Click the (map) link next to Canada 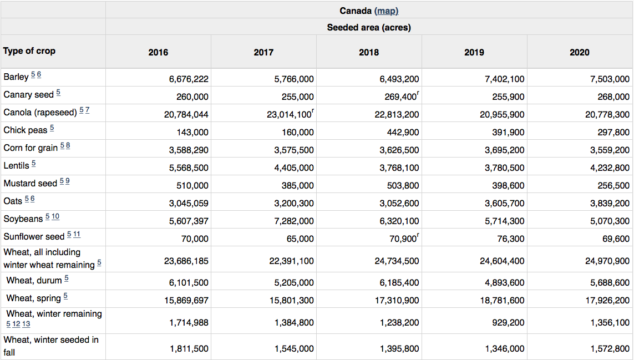(387, 11)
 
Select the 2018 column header (369, 52)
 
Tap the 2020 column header (580, 52)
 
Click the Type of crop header (29, 51)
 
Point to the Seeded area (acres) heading (369, 28)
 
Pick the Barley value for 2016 (189, 79)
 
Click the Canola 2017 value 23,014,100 (290, 114)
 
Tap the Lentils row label (16, 165)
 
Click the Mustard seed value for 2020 (613, 186)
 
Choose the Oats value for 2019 (505, 204)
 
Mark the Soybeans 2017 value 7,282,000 (294, 221)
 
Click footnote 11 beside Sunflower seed (77, 234)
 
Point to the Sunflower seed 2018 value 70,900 (403, 239)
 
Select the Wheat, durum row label (34, 280)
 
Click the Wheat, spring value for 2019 (502, 301)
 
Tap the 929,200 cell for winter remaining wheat (508, 323)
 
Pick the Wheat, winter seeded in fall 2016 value (189, 349)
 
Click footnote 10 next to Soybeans (55, 216)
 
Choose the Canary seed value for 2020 (613, 97)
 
